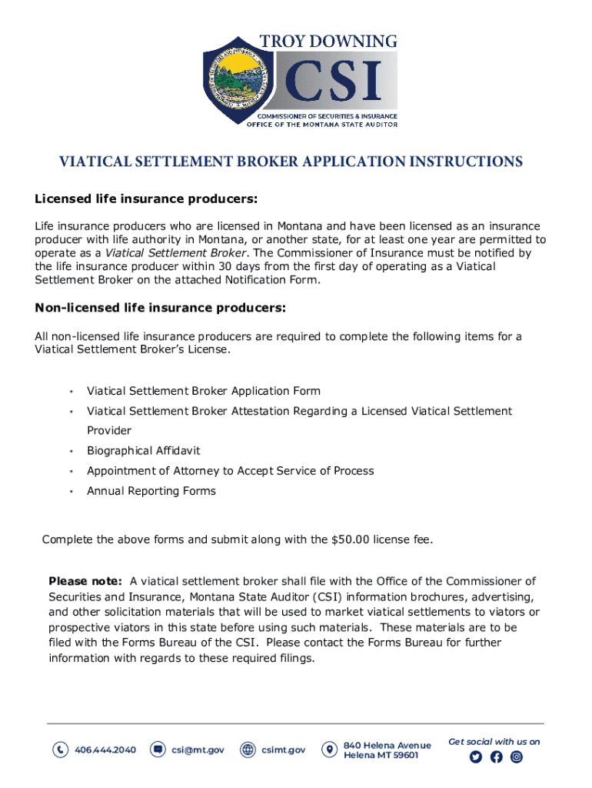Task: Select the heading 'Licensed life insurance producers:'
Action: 146,200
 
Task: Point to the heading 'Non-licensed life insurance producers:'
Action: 161,309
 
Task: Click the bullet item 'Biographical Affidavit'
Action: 143,450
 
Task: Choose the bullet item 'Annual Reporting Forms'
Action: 151,491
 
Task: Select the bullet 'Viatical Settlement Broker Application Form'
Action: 203,391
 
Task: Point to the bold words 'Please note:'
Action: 85,581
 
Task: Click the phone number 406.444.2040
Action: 105,750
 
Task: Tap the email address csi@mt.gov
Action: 198,750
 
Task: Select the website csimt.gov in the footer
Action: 283,750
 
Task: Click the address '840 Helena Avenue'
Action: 387,745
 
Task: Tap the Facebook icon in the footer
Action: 496,757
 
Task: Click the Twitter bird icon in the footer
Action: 475,757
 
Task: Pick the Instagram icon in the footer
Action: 517,757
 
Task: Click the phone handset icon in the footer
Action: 60,750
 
